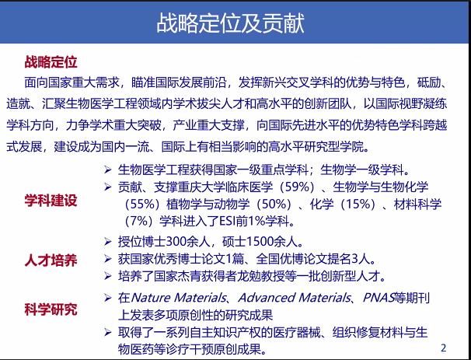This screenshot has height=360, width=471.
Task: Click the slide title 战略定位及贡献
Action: point(230,23)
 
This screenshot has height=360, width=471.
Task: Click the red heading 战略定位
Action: point(51,62)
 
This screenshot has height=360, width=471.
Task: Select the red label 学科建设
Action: point(51,201)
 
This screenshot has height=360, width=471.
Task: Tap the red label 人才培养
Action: point(51,260)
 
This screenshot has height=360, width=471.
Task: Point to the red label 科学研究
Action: point(51,309)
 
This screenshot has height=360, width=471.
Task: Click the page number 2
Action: point(443,348)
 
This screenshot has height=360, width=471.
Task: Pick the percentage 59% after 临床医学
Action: point(297,187)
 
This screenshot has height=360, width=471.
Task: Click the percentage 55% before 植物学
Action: point(142,204)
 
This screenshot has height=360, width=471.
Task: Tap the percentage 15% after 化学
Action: point(358,204)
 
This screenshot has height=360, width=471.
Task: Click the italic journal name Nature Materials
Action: point(179,298)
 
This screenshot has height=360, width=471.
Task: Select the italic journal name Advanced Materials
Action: point(295,298)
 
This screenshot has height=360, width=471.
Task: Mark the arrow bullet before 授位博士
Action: point(108,241)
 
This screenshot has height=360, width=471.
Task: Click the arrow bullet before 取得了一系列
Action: point(108,332)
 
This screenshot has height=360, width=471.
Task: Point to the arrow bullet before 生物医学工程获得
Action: point(108,170)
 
